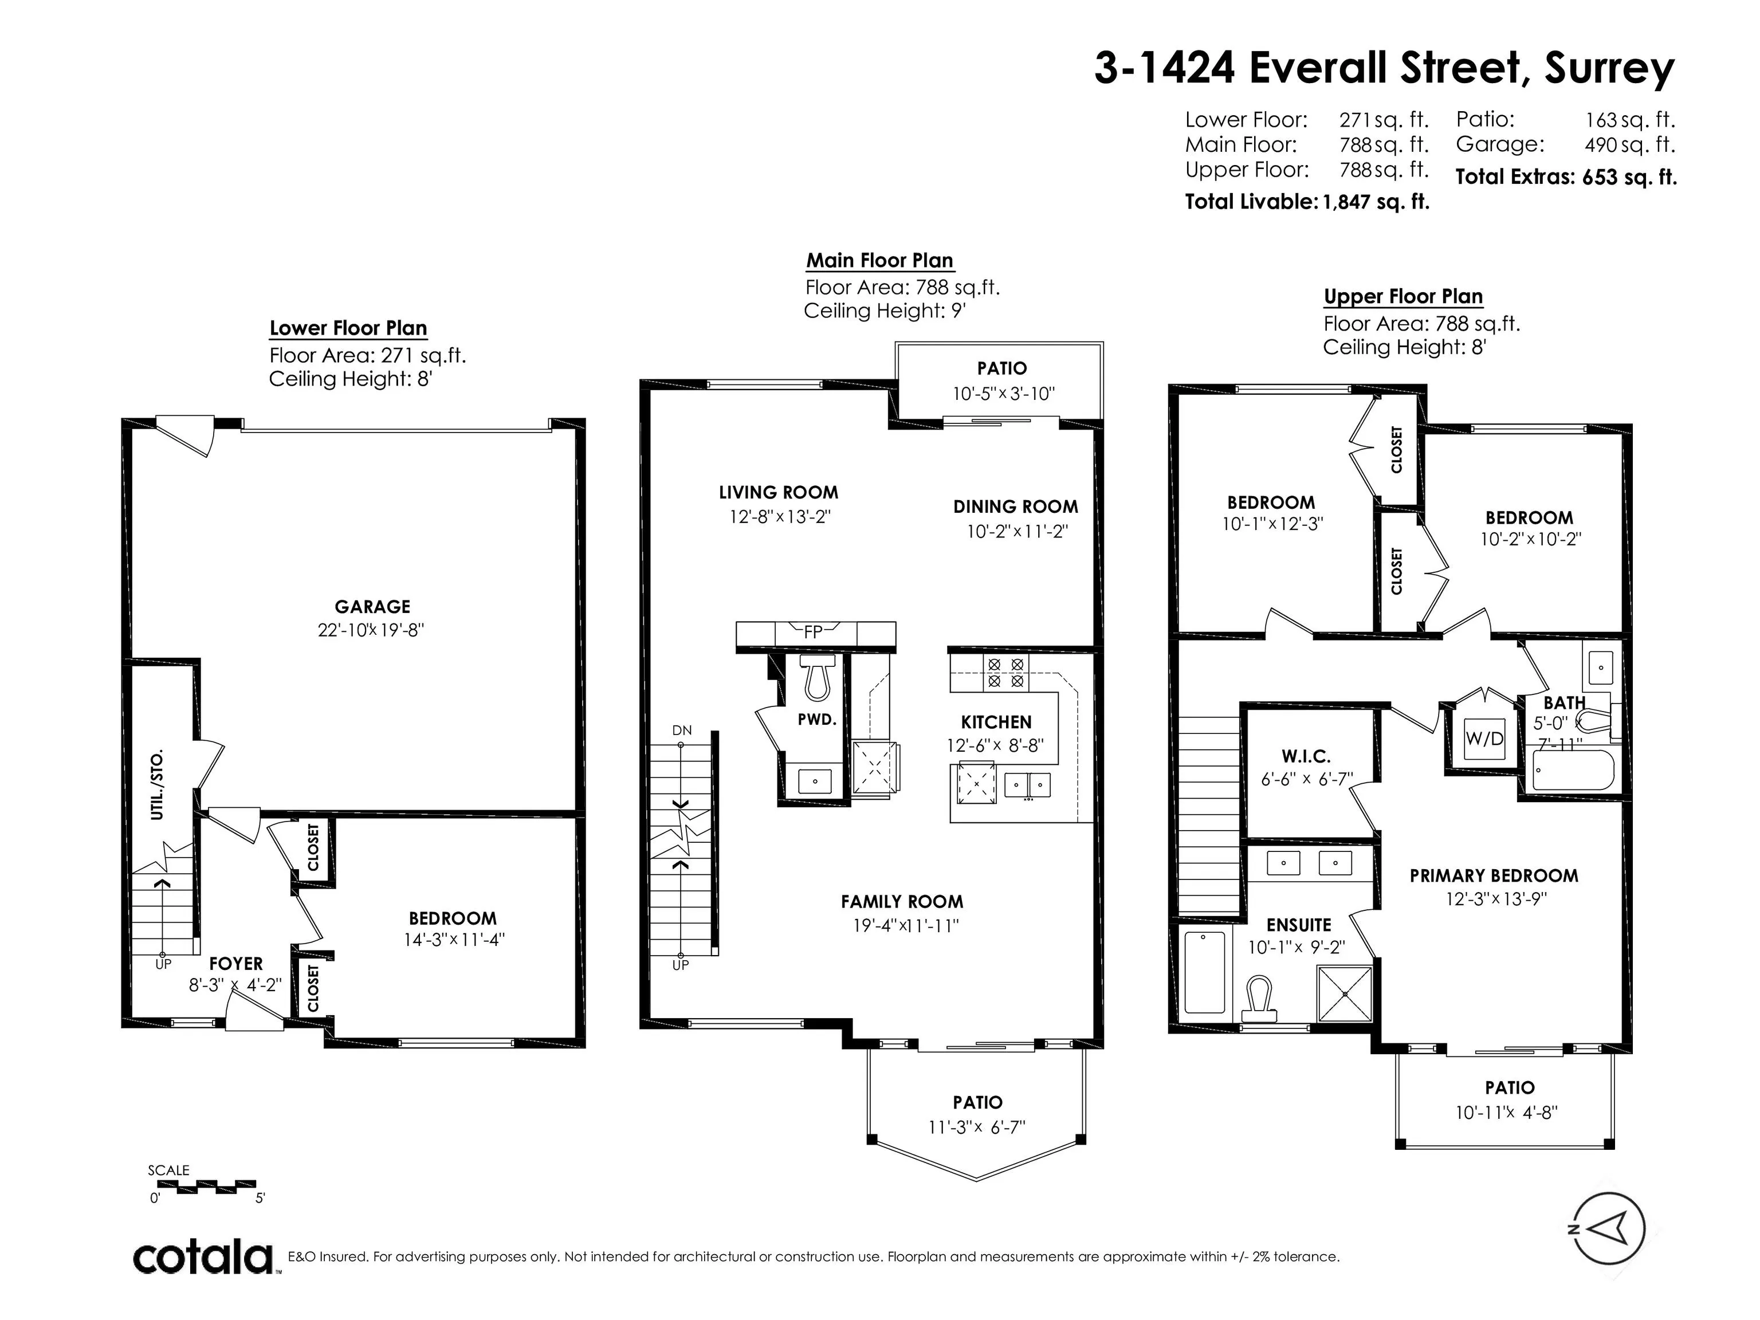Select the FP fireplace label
click(x=812, y=632)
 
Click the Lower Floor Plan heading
click(x=348, y=329)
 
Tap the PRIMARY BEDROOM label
click(x=1494, y=876)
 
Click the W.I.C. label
click(x=1306, y=757)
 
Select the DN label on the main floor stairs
click(x=682, y=730)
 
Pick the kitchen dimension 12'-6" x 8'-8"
click(x=995, y=747)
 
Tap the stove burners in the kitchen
click(x=1005, y=673)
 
